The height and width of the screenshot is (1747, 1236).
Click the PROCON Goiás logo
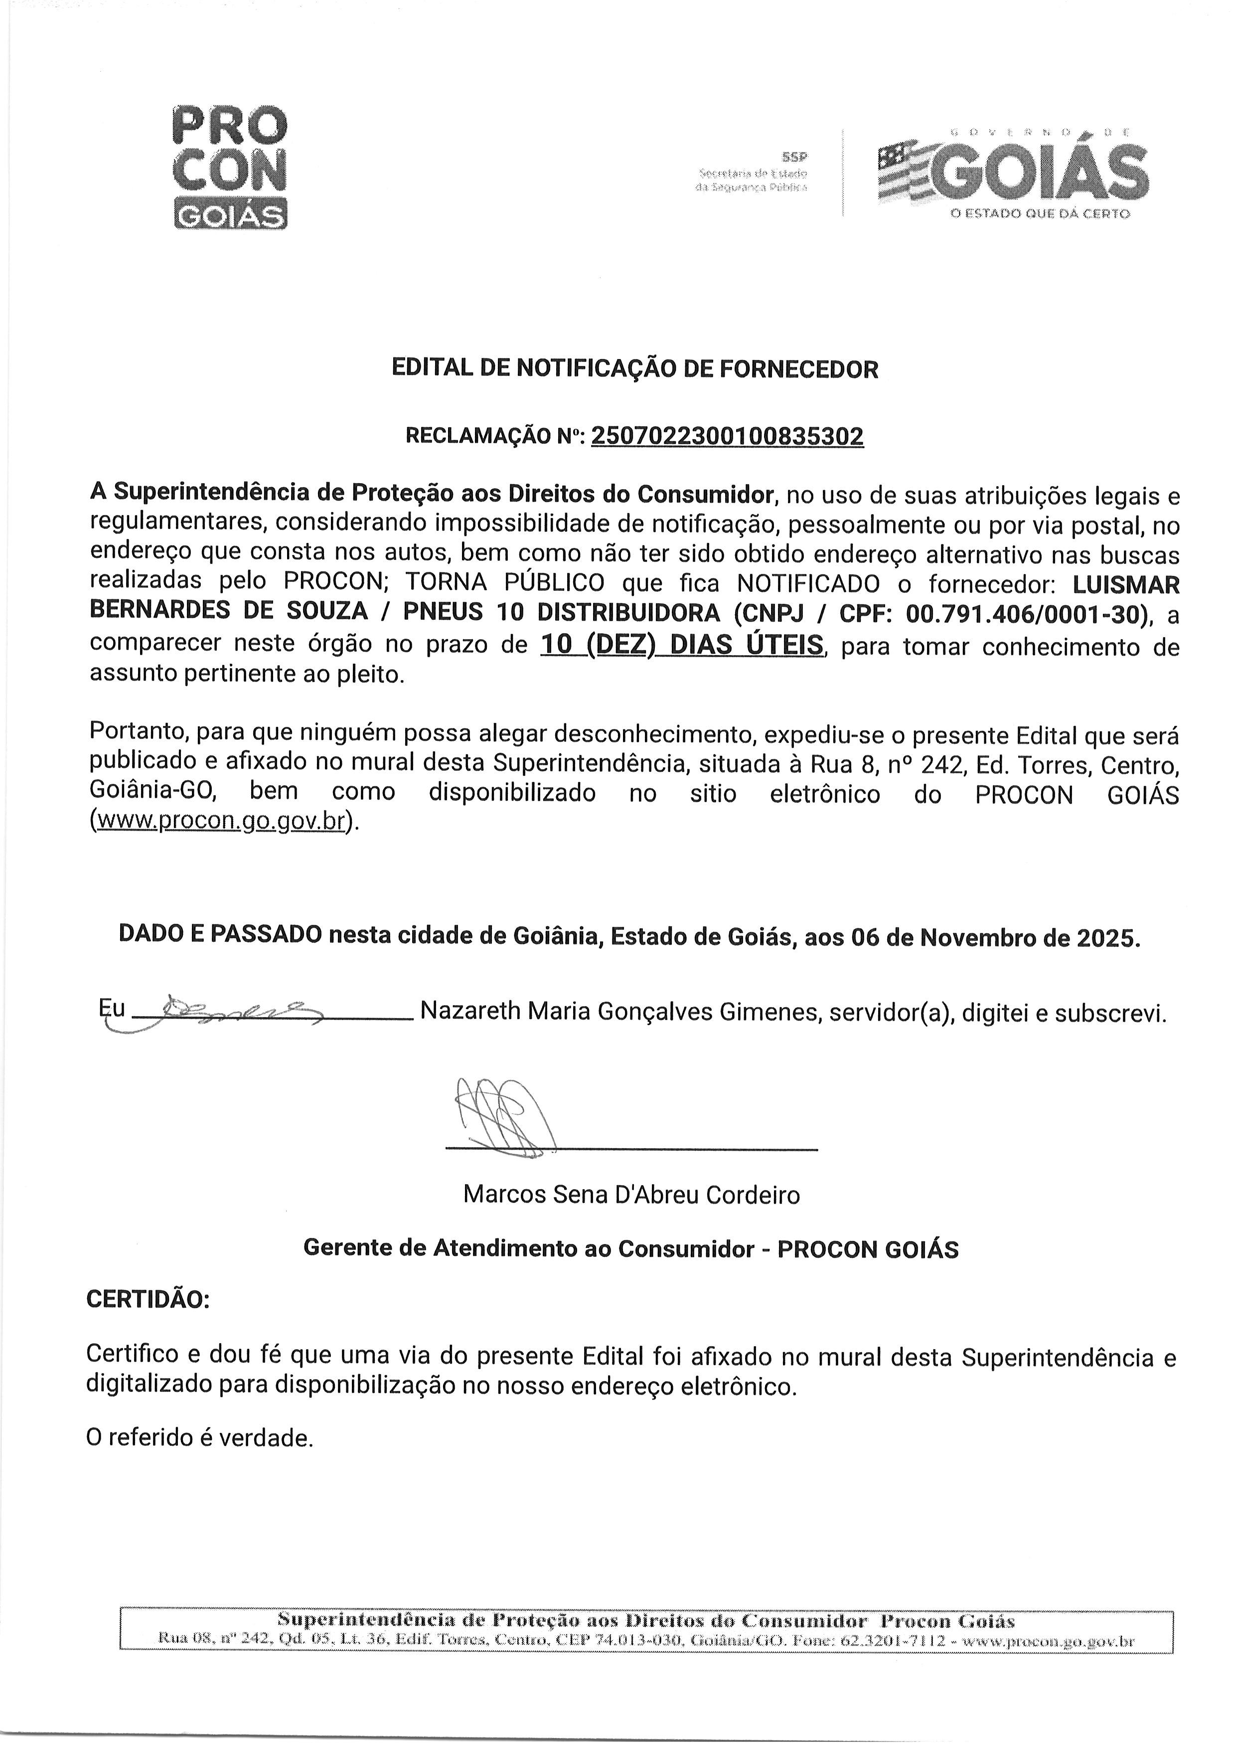[231, 167]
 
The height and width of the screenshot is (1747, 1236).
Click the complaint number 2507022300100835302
[727, 436]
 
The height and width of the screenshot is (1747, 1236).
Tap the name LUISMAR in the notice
[1126, 585]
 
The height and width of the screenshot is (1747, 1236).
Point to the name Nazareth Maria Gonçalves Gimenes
[621, 1012]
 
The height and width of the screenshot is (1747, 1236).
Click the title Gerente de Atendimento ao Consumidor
[528, 1249]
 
